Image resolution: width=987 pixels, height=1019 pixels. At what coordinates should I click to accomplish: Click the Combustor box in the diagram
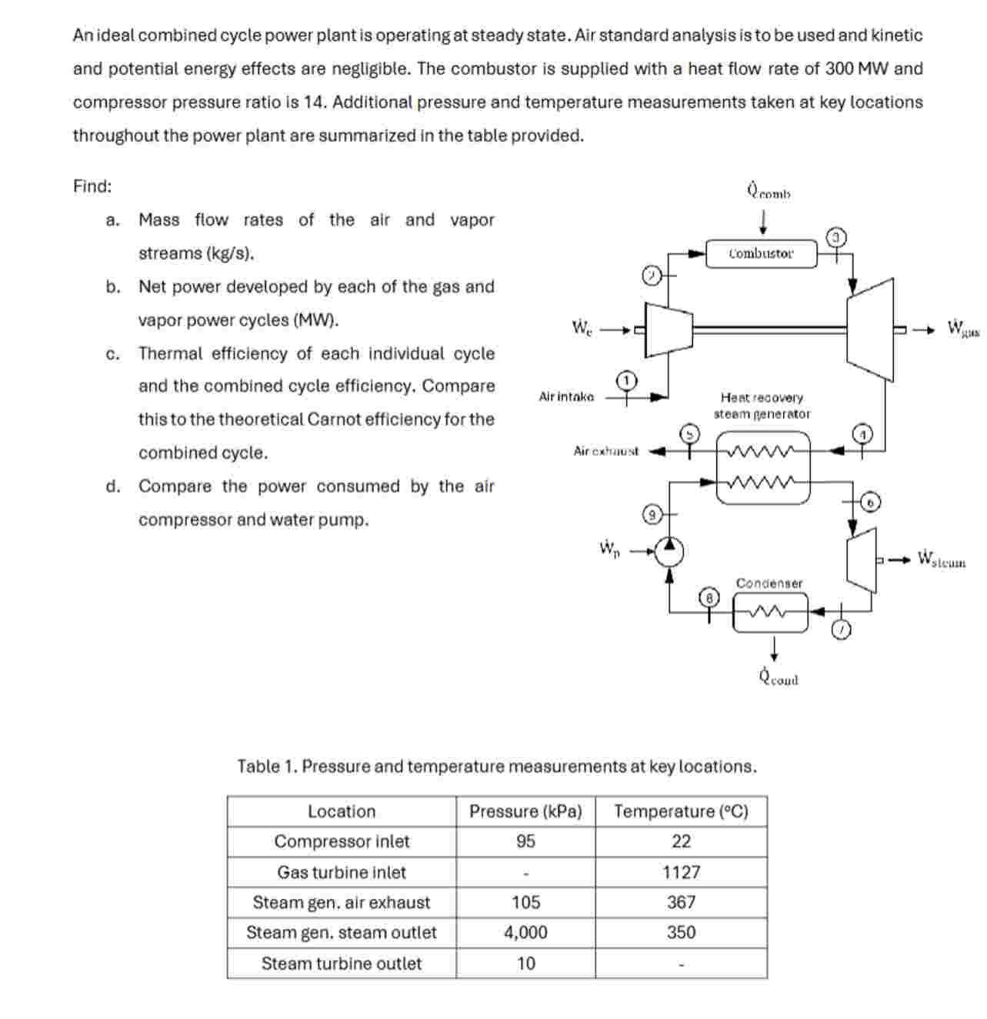pos(761,253)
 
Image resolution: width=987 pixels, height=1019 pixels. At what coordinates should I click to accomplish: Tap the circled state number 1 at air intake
pos(627,380)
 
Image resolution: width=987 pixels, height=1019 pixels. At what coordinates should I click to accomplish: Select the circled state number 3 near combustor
pos(837,236)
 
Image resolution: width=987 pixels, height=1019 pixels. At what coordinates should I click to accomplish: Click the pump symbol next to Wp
pos(669,551)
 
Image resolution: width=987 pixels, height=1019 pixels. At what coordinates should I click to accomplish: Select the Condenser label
pos(769,583)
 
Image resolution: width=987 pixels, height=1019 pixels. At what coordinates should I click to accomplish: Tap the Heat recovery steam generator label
pos(762,406)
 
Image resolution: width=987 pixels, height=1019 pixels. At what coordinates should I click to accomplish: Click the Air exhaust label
pos(605,451)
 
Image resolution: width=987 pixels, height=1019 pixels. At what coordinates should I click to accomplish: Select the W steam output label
pos(942,559)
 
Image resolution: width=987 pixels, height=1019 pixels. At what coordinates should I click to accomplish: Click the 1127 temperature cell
pos(681,872)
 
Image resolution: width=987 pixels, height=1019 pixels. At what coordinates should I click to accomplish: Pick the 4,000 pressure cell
pos(525,933)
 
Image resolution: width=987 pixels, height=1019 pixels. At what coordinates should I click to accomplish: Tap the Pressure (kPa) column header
pos(525,811)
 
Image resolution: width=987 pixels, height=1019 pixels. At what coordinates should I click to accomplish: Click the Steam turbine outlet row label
pos(342,964)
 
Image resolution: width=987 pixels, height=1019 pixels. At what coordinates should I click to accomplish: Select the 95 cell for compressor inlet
pos(525,841)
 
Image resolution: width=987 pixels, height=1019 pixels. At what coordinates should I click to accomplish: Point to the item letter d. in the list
pos(113,486)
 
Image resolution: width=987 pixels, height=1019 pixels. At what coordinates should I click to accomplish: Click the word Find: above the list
pos(92,186)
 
